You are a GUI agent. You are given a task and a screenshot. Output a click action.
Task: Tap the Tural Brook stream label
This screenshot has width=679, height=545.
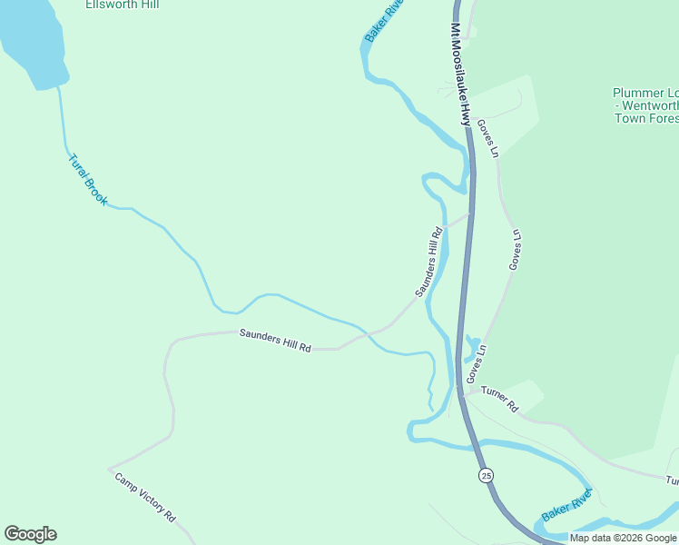click(88, 178)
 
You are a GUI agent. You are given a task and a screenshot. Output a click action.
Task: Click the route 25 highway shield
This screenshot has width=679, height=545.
click(487, 475)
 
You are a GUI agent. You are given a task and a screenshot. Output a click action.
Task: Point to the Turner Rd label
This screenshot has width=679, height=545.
click(499, 400)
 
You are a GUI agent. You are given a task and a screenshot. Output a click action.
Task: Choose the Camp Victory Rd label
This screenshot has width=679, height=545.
click(145, 497)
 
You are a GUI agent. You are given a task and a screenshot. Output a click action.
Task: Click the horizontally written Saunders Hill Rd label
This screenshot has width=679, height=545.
click(275, 341)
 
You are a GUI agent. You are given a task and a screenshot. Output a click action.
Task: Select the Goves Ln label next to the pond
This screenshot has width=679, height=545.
click(477, 362)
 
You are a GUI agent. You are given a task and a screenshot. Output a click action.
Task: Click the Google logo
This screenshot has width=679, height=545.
click(30, 534)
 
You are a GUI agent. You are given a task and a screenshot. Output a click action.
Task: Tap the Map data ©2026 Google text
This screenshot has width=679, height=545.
click(623, 538)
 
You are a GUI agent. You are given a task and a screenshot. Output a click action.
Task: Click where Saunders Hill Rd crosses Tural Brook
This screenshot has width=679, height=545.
click(367, 333)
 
